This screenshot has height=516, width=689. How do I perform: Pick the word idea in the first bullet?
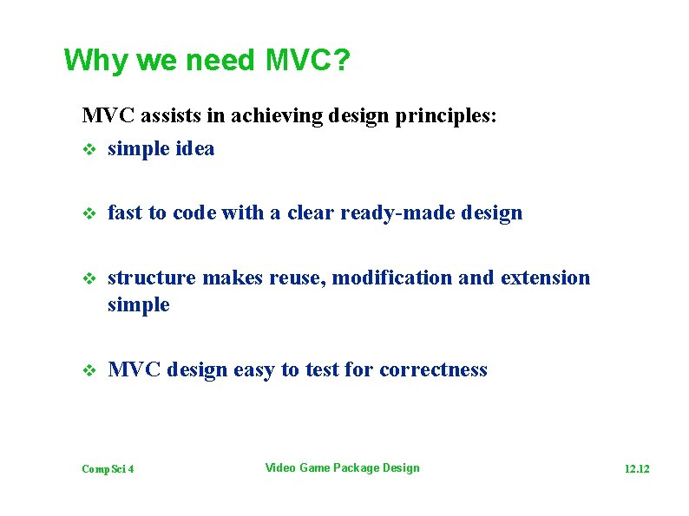[195, 148]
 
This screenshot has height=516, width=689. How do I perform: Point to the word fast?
[125, 213]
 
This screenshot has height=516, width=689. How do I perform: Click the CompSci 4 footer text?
[108, 469]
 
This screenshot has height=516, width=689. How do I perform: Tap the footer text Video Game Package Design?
[342, 468]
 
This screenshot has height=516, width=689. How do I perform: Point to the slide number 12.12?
[637, 469]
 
